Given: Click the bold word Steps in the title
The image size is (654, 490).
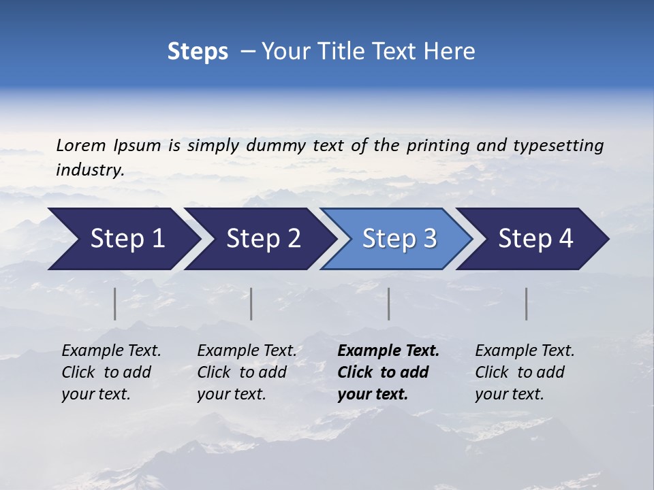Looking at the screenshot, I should click(x=198, y=52).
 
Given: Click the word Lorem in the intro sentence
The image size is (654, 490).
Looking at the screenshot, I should click(x=80, y=146).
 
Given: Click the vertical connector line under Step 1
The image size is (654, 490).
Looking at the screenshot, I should click(x=115, y=304).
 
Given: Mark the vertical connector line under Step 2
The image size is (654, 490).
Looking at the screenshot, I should click(x=251, y=304).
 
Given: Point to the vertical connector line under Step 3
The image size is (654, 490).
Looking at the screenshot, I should click(x=389, y=304).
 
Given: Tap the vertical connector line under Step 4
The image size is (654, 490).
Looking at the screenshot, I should click(x=527, y=304).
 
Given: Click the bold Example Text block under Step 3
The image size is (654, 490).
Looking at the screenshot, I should click(x=388, y=372).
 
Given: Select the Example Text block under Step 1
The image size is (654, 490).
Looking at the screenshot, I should click(x=111, y=372).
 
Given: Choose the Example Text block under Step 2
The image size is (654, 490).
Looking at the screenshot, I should click(x=247, y=372).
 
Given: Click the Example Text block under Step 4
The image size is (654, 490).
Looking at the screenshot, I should click(x=525, y=372).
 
